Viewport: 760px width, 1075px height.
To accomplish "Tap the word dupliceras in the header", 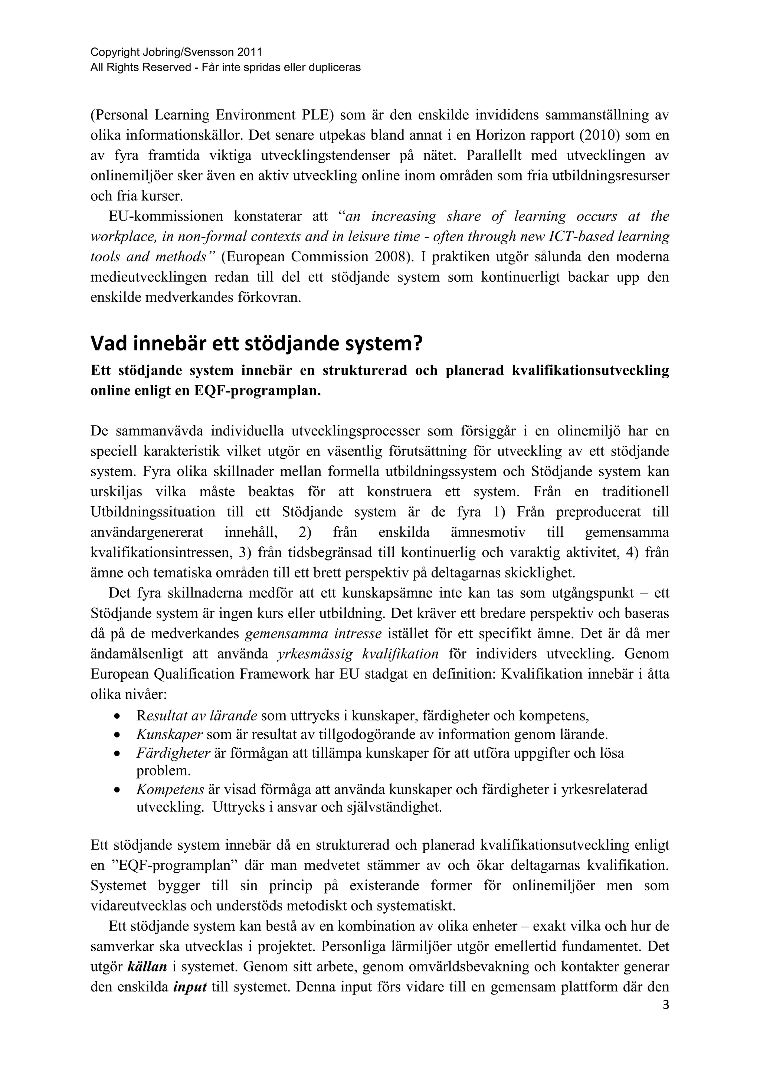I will [x=337, y=68].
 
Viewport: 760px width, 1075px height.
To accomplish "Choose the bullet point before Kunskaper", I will [x=118, y=735].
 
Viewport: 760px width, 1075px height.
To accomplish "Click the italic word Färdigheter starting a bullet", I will [x=173, y=753].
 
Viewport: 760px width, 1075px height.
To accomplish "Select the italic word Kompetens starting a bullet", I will [x=170, y=790].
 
